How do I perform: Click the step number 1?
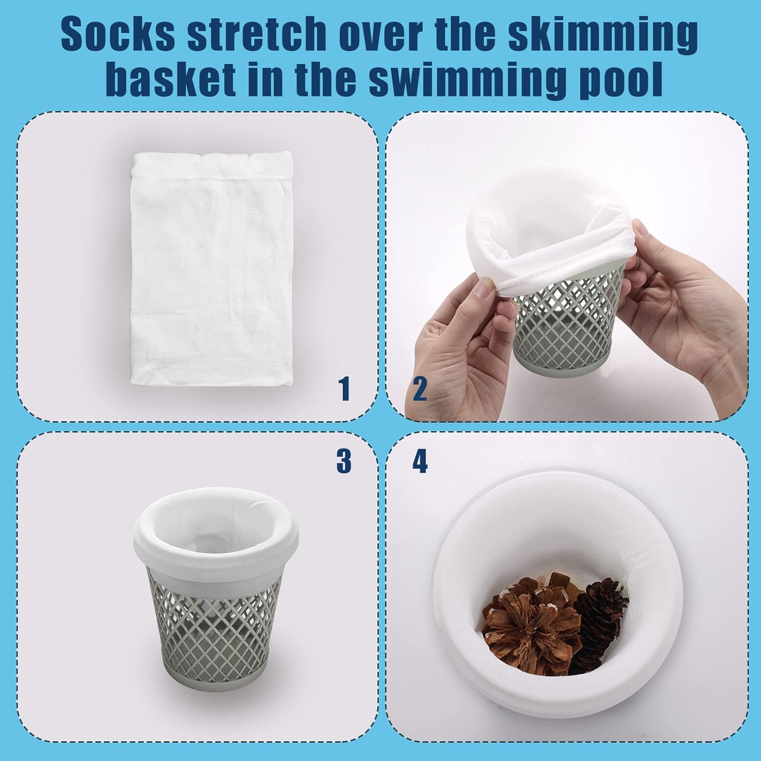pos(345,390)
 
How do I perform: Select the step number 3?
pos(343,461)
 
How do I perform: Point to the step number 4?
pos(420,461)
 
